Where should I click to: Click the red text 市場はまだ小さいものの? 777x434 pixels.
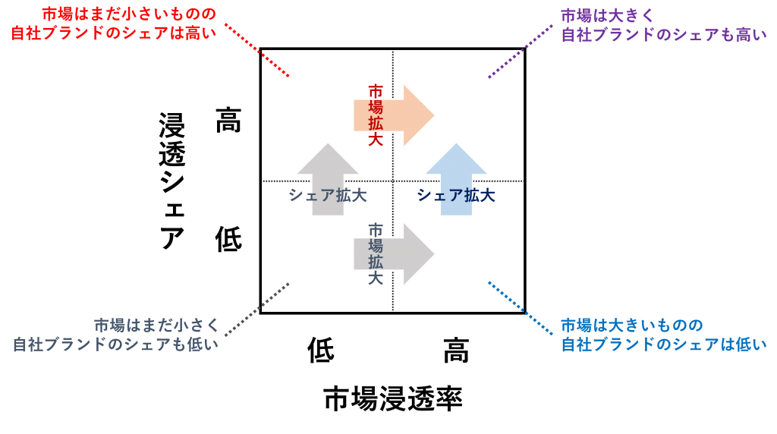click(128, 14)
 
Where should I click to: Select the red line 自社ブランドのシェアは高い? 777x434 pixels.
click(114, 33)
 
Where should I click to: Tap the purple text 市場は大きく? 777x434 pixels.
click(608, 15)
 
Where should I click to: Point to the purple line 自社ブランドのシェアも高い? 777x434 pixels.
click(664, 35)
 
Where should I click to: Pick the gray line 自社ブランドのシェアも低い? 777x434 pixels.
click(115, 344)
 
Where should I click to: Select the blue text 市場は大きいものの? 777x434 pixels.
click(632, 325)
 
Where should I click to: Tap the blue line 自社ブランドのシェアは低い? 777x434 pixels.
click(664, 344)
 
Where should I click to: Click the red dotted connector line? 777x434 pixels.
click(257, 50)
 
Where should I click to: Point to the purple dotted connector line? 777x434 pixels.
click(521, 51)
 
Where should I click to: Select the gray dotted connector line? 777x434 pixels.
click(257, 310)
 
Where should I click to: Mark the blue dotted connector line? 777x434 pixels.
click(521, 309)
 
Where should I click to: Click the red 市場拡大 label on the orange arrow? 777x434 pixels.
click(376, 115)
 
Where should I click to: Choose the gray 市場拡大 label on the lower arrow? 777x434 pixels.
click(376, 254)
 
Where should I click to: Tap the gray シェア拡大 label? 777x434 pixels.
click(328, 196)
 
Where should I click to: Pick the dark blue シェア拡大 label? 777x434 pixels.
click(456, 196)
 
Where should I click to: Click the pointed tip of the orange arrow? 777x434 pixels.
click(434, 115)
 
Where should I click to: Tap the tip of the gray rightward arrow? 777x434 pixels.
click(434, 254)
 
